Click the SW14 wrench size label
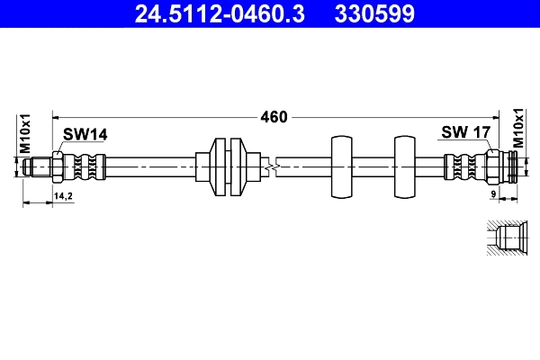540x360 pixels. tap(85, 134)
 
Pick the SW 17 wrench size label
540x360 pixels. tap(465, 133)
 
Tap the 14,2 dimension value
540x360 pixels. tap(63, 194)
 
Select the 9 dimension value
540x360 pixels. tap(494, 194)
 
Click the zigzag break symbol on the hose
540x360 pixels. tap(271, 166)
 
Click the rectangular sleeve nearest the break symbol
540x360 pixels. tap(341, 166)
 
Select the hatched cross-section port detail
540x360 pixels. tap(507, 239)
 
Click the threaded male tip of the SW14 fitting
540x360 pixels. tap(38, 166)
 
